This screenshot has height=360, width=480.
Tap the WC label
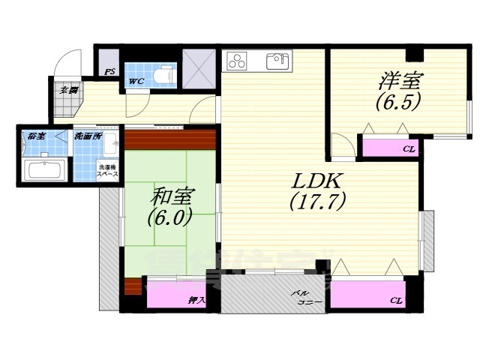coord(136,81)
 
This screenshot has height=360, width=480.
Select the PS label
coord(109,73)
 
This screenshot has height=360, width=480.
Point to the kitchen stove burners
coord(237,61)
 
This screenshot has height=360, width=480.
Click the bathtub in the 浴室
coord(46,169)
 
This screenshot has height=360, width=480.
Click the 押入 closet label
coord(197,300)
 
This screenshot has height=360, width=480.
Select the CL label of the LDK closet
coord(394,300)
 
